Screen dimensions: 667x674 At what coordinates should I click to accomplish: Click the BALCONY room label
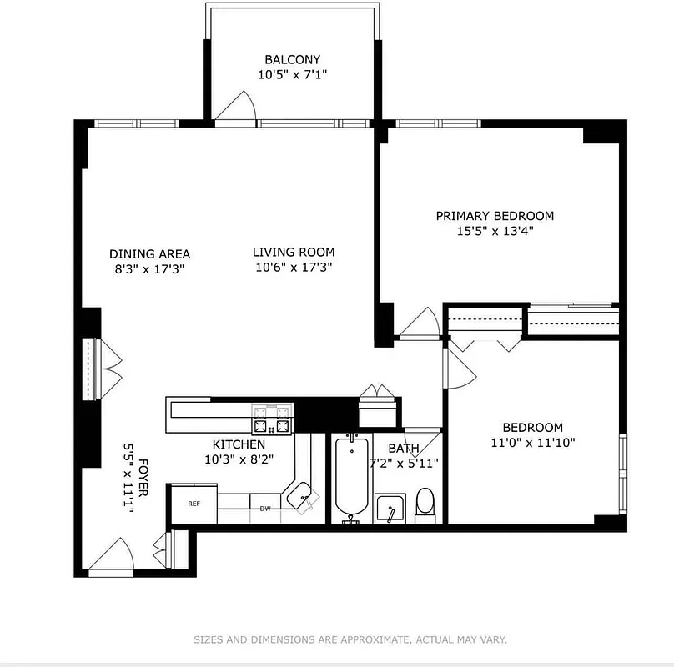(x=292, y=59)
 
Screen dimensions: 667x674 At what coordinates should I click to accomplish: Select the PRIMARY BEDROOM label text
(x=495, y=216)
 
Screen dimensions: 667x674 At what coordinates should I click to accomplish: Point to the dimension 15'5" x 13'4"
(x=495, y=231)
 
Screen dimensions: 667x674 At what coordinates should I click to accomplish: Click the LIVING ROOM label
(x=294, y=252)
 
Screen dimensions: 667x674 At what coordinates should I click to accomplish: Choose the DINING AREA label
(x=149, y=254)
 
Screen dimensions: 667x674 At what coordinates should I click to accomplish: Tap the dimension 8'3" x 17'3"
(x=149, y=269)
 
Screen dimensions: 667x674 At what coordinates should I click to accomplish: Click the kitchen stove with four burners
(x=273, y=419)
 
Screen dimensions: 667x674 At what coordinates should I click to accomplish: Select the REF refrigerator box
(x=194, y=504)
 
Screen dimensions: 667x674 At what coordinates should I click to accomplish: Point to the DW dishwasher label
(x=265, y=508)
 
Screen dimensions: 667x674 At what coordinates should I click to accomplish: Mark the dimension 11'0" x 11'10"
(x=532, y=443)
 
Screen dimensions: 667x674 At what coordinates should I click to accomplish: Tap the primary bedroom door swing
(x=420, y=324)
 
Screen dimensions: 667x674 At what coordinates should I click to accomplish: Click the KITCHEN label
(x=239, y=444)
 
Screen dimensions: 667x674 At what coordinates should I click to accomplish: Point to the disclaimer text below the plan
(x=350, y=639)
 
